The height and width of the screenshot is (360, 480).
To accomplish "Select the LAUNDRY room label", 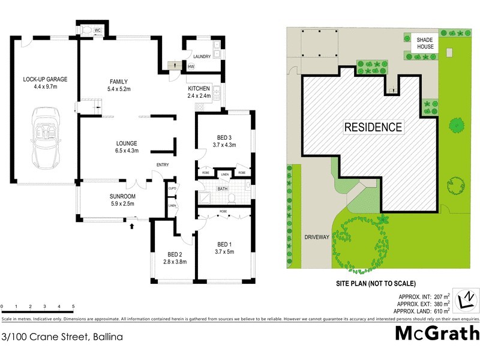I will [x=202, y=56].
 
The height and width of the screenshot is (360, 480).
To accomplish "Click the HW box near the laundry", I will [x=191, y=67].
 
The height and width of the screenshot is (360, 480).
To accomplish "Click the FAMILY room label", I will [x=118, y=82].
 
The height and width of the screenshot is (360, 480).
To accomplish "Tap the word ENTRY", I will [x=163, y=165].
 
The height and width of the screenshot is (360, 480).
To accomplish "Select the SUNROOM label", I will [x=122, y=196].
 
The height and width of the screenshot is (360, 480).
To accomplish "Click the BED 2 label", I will [x=172, y=254].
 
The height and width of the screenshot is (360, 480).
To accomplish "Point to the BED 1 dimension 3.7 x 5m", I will [x=224, y=252].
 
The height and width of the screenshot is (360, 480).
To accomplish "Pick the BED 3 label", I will [x=224, y=136].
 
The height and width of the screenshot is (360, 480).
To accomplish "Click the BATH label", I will [x=222, y=189].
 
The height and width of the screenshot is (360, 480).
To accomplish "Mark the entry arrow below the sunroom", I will [x=131, y=226].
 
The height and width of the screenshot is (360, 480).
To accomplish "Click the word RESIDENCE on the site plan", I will [x=373, y=127].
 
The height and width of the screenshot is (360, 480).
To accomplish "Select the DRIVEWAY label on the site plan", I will [x=317, y=237].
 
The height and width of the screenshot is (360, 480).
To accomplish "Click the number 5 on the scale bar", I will [x=73, y=307].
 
